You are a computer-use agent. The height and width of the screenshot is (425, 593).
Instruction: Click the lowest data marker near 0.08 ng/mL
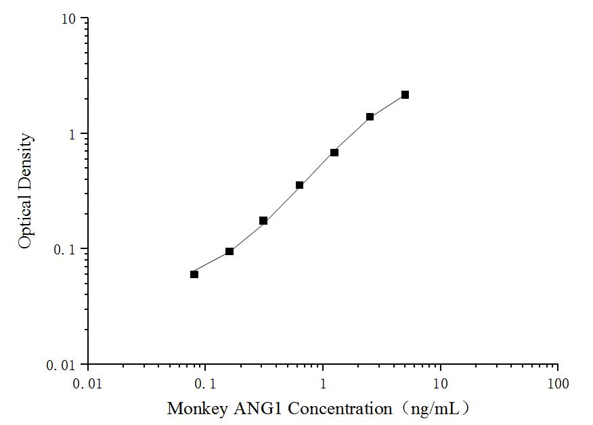pyautogui.click(x=194, y=274)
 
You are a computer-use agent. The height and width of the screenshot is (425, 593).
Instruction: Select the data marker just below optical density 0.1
pyautogui.click(x=229, y=251)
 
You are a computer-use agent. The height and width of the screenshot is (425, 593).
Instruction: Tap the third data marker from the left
pyautogui.click(x=263, y=221)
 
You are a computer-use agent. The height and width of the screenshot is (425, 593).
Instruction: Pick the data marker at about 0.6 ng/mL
pyautogui.click(x=299, y=185)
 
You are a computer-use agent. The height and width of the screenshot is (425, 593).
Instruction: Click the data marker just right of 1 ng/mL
pyautogui.click(x=334, y=152)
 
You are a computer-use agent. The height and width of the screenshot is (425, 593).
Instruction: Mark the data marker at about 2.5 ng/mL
pyautogui.click(x=370, y=116)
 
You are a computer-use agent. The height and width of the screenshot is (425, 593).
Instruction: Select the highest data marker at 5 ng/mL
pyautogui.click(x=405, y=95)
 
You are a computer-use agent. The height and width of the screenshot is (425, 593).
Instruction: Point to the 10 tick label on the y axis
pyautogui.click(x=68, y=19)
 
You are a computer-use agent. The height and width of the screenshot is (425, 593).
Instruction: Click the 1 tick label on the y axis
pyautogui.click(x=72, y=134)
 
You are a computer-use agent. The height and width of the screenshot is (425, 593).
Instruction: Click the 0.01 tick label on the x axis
pyautogui.click(x=88, y=384)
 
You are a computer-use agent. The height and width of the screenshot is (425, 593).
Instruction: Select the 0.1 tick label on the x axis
pyautogui.click(x=205, y=384)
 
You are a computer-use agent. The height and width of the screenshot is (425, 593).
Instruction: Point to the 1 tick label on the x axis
pyautogui.click(x=323, y=384)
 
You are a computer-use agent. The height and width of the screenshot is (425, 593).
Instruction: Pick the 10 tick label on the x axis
pyautogui.click(x=441, y=384)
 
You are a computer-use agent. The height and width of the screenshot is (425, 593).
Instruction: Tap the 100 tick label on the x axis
pyautogui.click(x=558, y=384)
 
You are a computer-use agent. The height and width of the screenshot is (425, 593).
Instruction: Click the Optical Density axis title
pyautogui.click(x=25, y=192)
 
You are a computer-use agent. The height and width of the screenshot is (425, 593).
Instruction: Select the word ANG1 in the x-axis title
pyautogui.click(x=246, y=409)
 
